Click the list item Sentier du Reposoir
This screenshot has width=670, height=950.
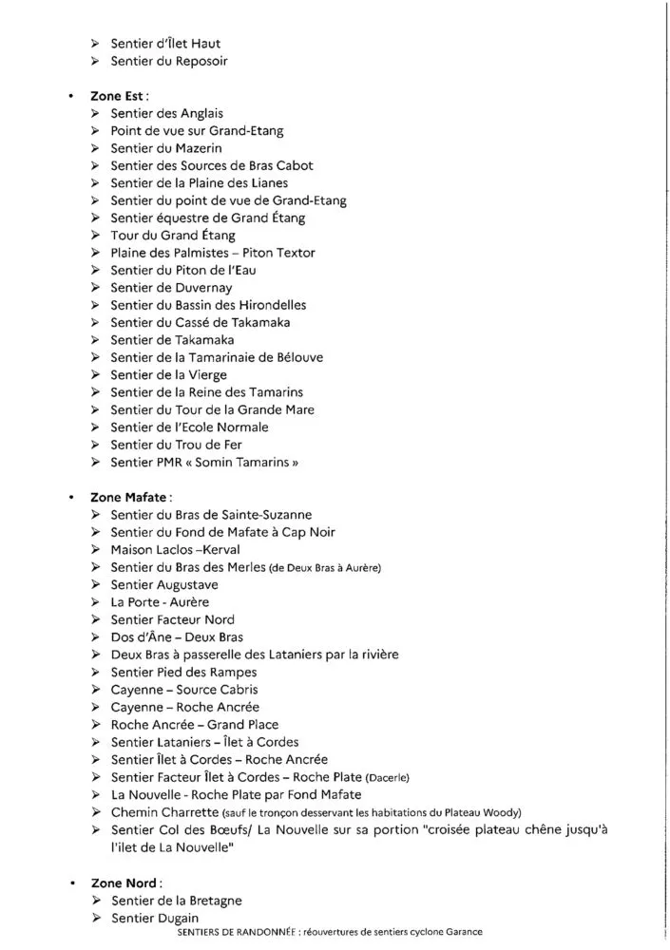point(168,61)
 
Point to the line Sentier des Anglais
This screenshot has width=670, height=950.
point(166,113)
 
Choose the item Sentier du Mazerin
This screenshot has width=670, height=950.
point(165,148)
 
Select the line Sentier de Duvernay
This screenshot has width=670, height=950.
point(171,288)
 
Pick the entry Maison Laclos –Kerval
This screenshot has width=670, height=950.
point(175,549)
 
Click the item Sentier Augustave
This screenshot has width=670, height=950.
point(163,584)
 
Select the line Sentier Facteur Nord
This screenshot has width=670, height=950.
point(172,619)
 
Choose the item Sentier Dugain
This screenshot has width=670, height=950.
point(155,918)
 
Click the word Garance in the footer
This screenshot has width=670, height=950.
point(461,932)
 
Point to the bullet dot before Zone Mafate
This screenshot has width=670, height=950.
point(71,497)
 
